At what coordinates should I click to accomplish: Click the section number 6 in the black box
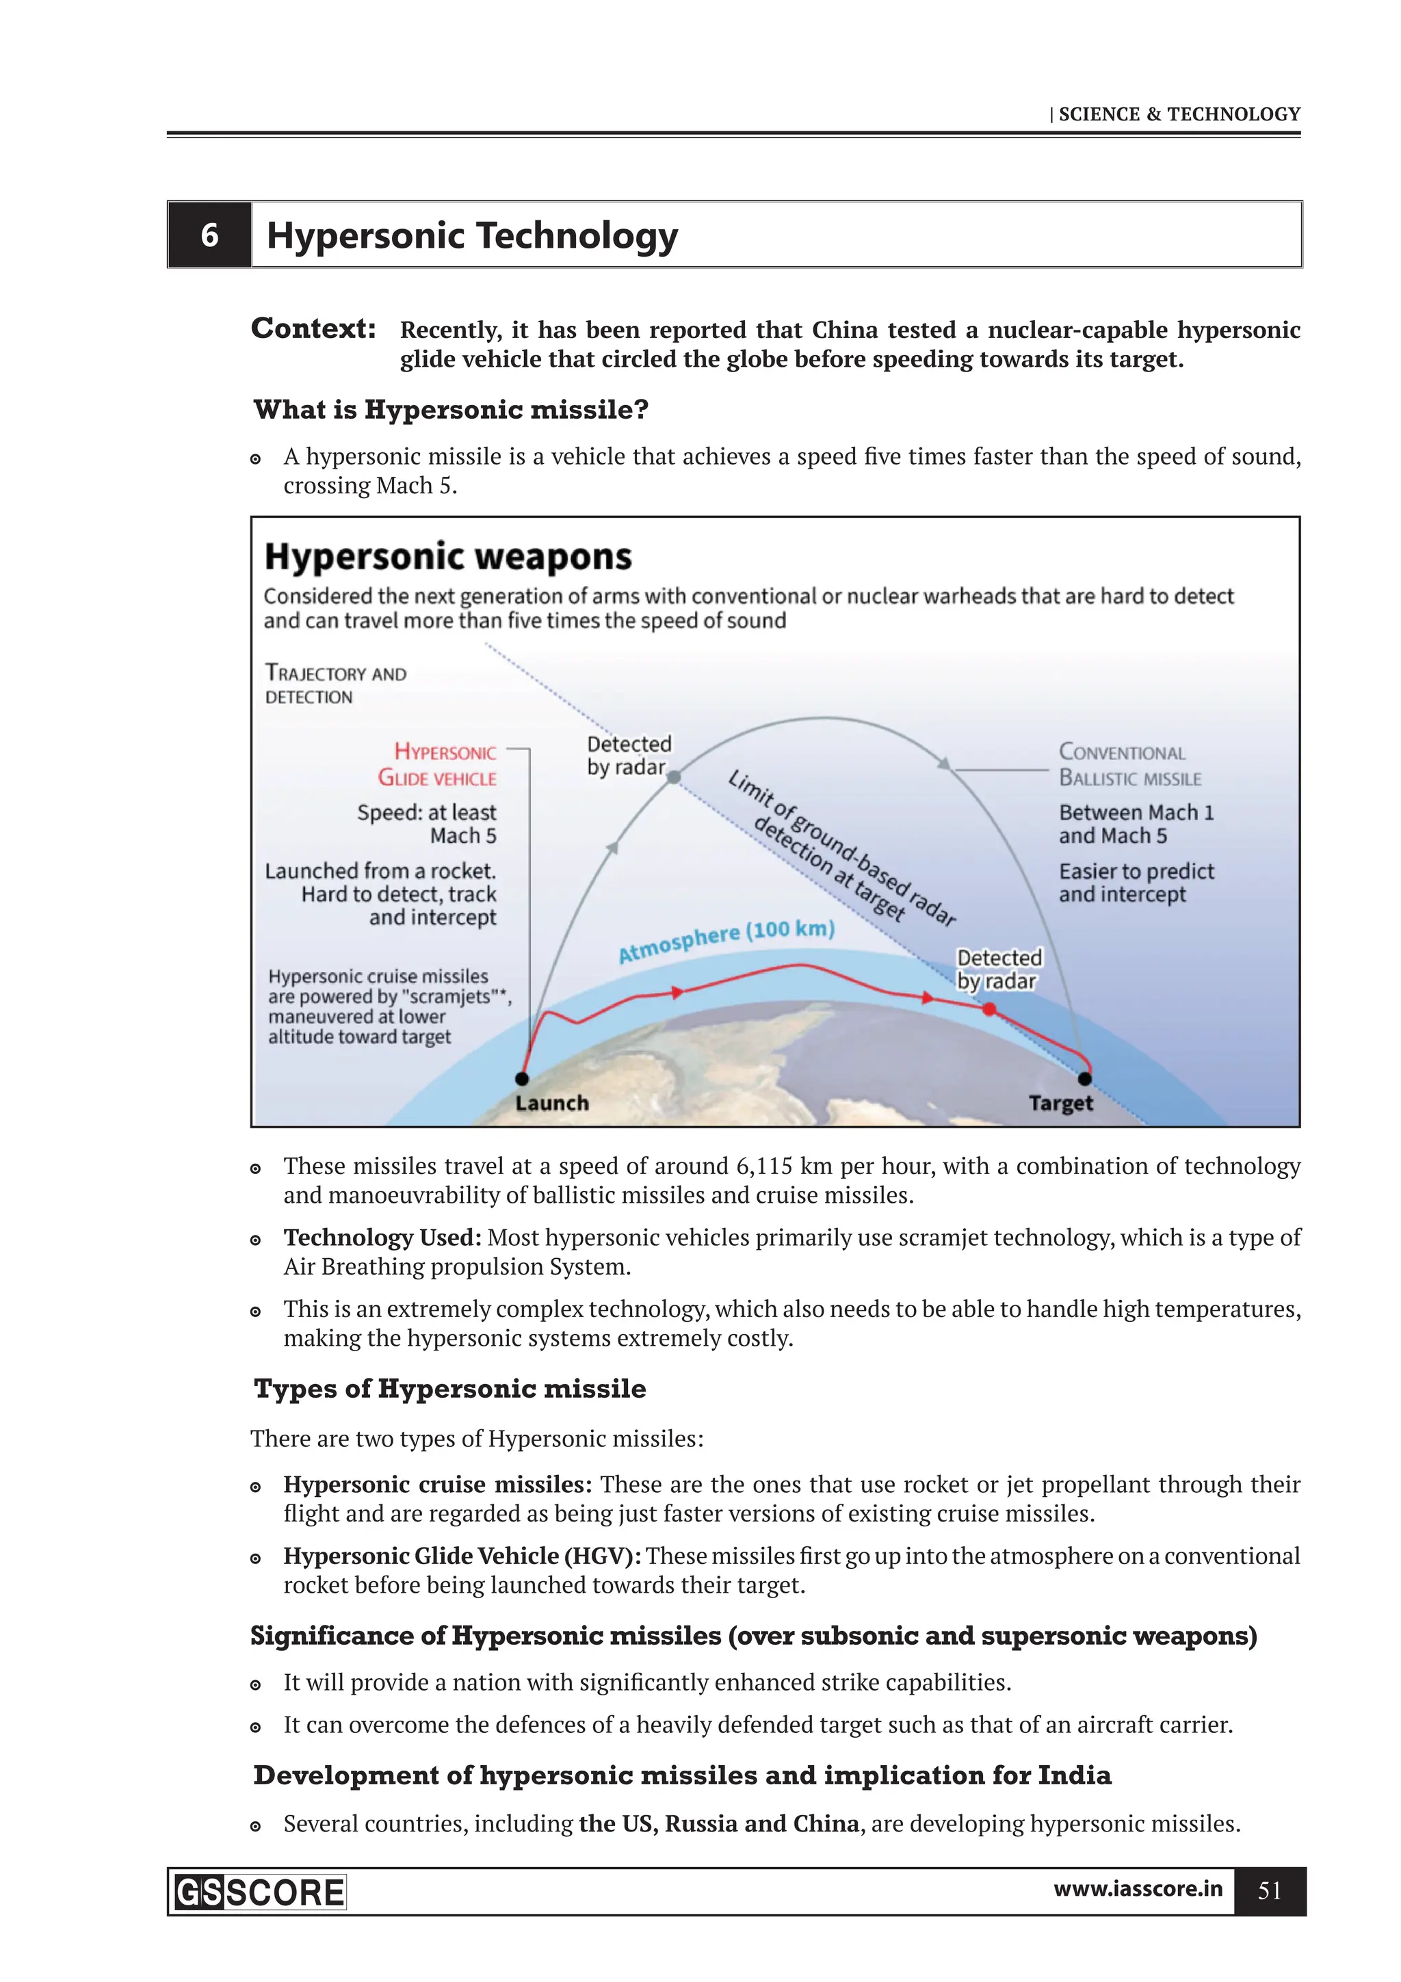[209, 235]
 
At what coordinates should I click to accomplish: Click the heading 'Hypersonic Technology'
[471, 235]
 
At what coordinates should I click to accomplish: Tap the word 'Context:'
[313, 329]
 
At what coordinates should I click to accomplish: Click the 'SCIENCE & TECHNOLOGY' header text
[1178, 114]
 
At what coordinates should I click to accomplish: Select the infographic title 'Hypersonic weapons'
[447, 557]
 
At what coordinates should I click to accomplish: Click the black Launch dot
[521, 1078]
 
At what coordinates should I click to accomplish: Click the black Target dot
[1085, 1078]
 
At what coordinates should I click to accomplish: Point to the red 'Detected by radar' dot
[989, 1009]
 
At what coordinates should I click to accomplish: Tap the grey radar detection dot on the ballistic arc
[675, 777]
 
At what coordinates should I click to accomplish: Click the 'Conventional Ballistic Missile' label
[1129, 765]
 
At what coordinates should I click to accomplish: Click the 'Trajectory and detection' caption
[335, 685]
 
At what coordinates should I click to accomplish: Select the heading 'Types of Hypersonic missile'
[449, 1389]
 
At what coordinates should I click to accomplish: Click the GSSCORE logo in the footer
[259, 1893]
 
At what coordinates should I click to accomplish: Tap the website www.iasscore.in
[1137, 1889]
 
